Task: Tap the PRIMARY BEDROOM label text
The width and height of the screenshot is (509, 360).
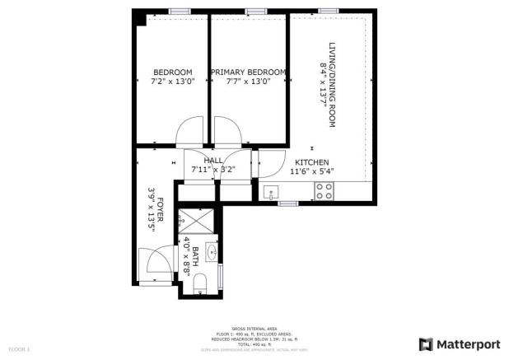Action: coord(248,72)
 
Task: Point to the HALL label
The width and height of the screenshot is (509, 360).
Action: coord(213,161)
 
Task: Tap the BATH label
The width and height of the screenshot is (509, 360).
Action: coord(196,255)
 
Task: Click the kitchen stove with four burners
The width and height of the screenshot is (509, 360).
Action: coord(324,191)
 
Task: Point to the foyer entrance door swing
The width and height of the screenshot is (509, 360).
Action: coord(156,264)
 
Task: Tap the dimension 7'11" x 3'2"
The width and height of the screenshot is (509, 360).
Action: coord(213,170)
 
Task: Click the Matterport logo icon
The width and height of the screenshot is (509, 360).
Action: coord(425,344)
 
